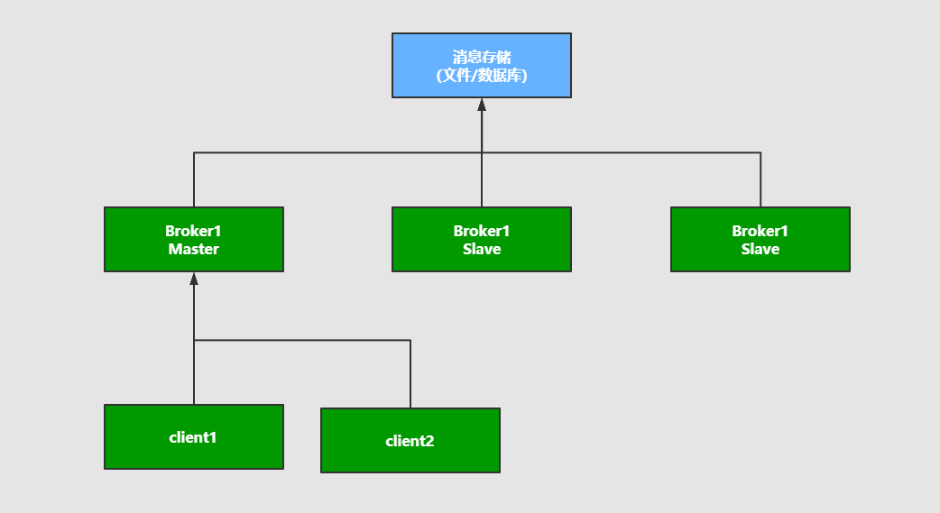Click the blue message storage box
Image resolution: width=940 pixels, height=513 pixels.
[481, 65]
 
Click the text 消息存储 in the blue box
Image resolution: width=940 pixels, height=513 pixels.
[481, 57]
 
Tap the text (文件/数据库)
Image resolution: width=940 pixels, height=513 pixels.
[481, 76]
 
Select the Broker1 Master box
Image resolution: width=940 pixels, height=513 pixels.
[194, 239]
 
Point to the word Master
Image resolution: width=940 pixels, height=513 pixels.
[194, 249]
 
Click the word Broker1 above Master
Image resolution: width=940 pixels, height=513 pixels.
[194, 231]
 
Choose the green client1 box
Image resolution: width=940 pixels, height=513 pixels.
[194, 436]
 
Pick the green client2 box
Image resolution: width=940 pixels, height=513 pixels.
[410, 440]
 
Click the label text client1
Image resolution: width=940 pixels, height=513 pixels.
[193, 437]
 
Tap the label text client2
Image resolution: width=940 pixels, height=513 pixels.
[410, 441]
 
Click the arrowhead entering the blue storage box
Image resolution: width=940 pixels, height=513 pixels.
[482, 104]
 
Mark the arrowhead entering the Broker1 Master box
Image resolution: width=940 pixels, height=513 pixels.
[194, 279]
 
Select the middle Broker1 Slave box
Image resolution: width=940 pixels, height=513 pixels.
[481, 239]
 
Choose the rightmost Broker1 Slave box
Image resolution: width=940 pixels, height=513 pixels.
[760, 239]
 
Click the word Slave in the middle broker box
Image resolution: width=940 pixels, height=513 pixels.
[481, 249]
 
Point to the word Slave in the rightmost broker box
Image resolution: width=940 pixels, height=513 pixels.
[760, 249]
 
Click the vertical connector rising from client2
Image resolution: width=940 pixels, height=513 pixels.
[410, 374]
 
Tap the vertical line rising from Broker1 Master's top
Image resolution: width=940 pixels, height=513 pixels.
[194, 180]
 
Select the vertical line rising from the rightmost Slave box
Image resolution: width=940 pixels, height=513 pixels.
[760, 180]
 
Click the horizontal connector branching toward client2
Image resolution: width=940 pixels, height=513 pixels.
[302, 340]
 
